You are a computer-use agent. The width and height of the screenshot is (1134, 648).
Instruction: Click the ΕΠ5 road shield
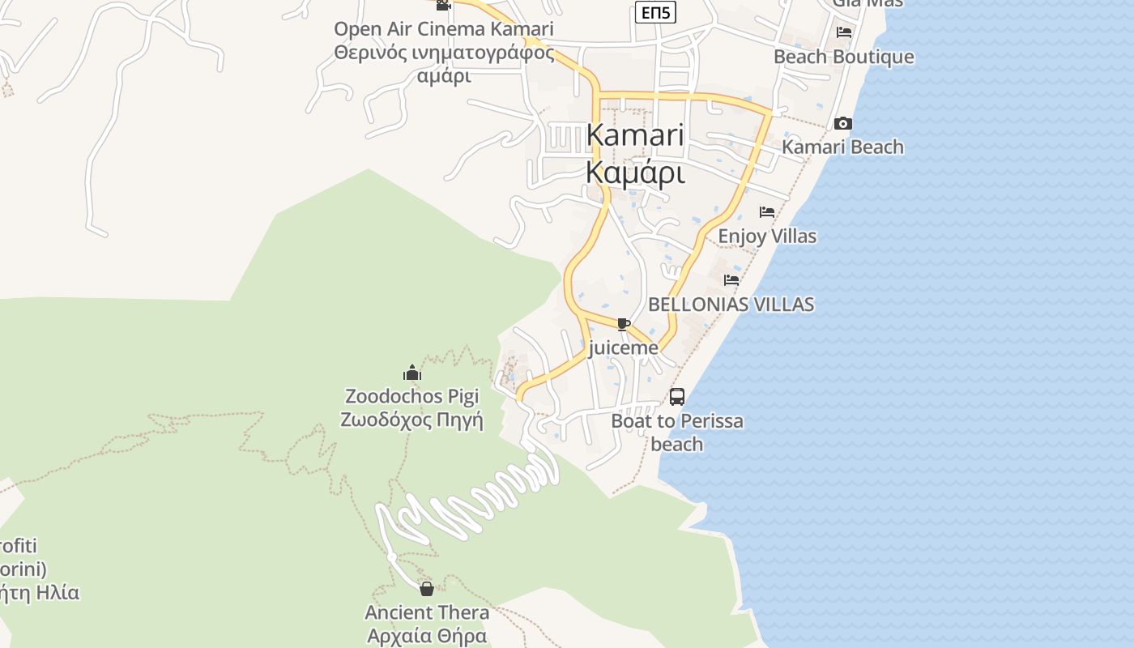(x=655, y=12)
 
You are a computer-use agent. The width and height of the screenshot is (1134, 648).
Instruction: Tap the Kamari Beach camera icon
(x=843, y=124)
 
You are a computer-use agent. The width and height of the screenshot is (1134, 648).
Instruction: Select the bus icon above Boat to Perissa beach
(x=677, y=397)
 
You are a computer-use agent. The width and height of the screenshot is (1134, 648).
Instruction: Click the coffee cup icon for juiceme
(x=623, y=324)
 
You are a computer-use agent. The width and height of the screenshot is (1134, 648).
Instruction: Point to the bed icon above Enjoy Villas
(x=767, y=212)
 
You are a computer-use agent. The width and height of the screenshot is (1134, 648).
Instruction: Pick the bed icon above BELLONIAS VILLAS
(x=731, y=280)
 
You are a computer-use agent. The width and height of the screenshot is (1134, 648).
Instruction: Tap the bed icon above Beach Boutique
(x=844, y=32)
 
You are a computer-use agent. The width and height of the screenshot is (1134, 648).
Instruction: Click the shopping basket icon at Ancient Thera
(x=427, y=589)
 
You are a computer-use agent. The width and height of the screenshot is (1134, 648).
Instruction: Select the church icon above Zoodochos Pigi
(x=412, y=373)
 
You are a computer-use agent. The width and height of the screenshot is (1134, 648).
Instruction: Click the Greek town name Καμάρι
(x=635, y=173)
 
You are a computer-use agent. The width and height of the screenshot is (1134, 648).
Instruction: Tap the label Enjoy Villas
(x=767, y=237)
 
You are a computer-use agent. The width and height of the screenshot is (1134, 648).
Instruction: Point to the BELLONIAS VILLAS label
(x=731, y=305)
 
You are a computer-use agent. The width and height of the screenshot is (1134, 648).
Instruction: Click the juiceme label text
(x=623, y=348)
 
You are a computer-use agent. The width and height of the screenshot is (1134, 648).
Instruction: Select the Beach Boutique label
(x=843, y=57)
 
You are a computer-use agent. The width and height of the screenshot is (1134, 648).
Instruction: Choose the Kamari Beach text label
(x=842, y=147)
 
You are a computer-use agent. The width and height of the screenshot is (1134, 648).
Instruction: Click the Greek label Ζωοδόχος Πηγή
(x=411, y=420)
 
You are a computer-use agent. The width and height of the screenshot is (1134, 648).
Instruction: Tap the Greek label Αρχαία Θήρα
(x=427, y=636)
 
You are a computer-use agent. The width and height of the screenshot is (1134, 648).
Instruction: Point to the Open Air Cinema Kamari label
(x=444, y=29)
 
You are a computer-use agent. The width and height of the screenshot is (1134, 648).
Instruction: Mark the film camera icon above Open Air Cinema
(x=443, y=5)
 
